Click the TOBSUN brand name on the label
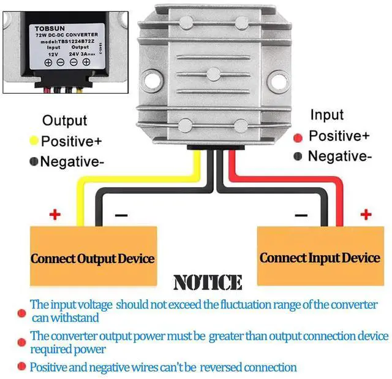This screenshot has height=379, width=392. point(50,29)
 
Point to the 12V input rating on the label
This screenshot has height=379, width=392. point(53,55)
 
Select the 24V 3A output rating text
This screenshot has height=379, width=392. point(81,54)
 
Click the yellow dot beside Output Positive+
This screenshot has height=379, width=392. point(34,140)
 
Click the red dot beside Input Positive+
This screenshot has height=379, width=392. point(298,138)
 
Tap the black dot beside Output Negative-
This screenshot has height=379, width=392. point(34,161)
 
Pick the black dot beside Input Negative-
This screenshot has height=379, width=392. point(298,156)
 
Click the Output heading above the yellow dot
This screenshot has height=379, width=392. point(65,121)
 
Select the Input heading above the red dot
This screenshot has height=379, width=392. point(327,115)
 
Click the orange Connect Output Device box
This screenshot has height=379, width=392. point(94,256)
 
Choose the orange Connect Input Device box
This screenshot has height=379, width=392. point(320,256)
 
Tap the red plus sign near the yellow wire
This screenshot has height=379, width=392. point(55,215)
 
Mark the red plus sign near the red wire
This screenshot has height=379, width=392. point(366,215)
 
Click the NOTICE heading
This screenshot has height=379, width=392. point(208,282)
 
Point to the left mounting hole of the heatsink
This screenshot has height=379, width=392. point(152,80)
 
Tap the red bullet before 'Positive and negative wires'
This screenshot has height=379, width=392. point(22,366)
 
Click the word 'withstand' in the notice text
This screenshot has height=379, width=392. point(75,318)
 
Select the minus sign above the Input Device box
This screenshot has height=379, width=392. point(301,215)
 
